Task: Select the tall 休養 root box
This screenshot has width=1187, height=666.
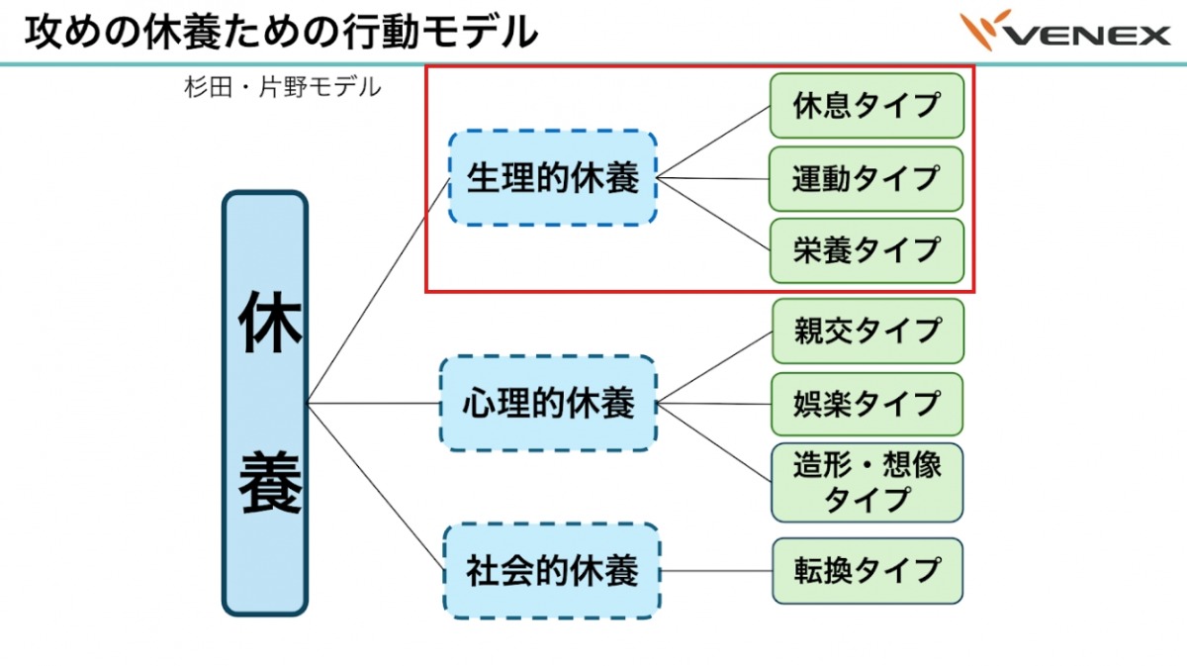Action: (265, 403)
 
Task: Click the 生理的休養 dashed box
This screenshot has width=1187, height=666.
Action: (552, 178)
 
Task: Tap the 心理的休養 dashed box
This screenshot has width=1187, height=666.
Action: (548, 404)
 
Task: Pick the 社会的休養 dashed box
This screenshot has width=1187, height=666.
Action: (552, 571)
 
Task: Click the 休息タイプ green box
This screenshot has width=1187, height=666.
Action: (866, 106)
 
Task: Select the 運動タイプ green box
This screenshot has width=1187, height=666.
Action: (866, 179)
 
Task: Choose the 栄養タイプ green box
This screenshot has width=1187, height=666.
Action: (866, 250)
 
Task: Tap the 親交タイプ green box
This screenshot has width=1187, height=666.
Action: (866, 332)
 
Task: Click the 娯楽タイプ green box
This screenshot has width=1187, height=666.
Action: (866, 404)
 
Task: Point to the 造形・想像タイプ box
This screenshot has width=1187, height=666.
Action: (866, 482)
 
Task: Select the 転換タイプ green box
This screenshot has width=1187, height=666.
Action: (866, 571)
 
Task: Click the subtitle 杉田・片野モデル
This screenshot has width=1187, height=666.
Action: (282, 87)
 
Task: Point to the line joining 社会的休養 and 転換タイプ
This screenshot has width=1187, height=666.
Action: (715, 571)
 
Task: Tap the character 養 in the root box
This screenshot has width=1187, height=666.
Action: (268, 482)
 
